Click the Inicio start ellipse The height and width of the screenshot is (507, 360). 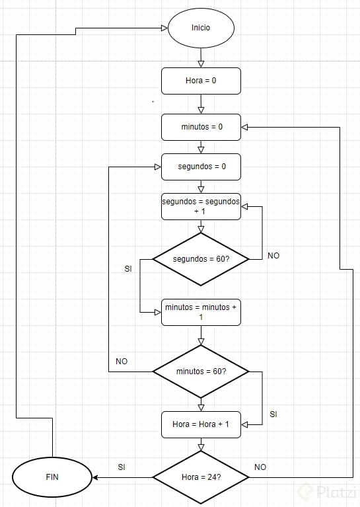201,28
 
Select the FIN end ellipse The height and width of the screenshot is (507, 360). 52,477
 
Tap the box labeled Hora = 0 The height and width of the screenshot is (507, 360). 201,81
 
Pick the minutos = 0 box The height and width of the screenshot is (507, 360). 201,127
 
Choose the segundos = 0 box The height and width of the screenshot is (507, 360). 201,167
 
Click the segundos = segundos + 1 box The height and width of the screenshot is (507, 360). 201,206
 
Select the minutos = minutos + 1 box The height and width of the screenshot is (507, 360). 201,312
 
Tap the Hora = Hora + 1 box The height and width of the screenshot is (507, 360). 201,424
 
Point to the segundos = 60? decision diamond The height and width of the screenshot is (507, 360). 201,259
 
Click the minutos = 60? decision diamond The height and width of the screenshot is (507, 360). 201,371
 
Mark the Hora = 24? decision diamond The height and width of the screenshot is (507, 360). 201,477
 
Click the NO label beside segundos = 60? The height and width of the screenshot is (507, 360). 273,255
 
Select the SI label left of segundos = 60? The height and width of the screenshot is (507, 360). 128,269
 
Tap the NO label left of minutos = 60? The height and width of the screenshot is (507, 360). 122,362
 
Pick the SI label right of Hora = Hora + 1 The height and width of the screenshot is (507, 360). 273,414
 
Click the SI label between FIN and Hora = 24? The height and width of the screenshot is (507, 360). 122,467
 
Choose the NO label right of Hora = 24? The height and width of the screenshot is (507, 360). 260,467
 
